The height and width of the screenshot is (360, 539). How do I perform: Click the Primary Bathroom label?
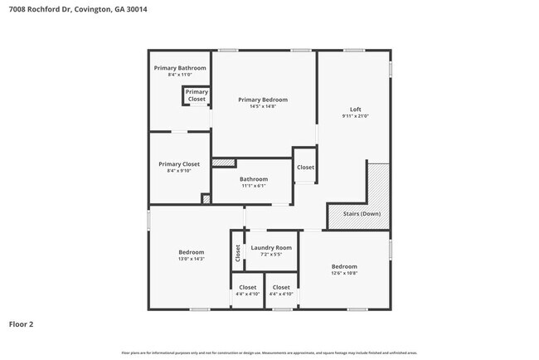click(x=180, y=68)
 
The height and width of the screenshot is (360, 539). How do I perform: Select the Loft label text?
click(x=355, y=109)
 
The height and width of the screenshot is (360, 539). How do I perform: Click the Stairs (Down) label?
click(x=362, y=213)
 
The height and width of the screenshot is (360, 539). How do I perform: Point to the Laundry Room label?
click(x=271, y=247)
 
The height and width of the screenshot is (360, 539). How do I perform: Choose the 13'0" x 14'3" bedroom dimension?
click(x=192, y=259)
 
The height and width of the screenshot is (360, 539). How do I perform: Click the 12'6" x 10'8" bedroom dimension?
click(x=345, y=273)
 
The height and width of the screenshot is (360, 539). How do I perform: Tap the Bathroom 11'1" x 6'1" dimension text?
click(x=254, y=186)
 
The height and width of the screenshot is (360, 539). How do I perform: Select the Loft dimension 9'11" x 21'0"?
click(x=355, y=116)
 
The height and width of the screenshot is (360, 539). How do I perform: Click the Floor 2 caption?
click(x=22, y=324)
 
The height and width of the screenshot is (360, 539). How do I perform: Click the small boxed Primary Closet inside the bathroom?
click(x=197, y=95)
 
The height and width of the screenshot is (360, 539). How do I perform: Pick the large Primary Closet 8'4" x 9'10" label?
click(x=179, y=171)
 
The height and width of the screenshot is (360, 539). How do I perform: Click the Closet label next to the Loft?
click(x=306, y=168)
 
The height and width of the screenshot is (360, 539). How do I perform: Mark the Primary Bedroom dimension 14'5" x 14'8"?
click(x=263, y=106)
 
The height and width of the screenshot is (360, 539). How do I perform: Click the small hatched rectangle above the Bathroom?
click(x=224, y=163)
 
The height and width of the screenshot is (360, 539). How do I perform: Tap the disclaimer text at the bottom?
click(x=269, y=353)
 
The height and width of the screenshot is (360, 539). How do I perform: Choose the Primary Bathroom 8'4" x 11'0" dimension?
click(x=180, y=75)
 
